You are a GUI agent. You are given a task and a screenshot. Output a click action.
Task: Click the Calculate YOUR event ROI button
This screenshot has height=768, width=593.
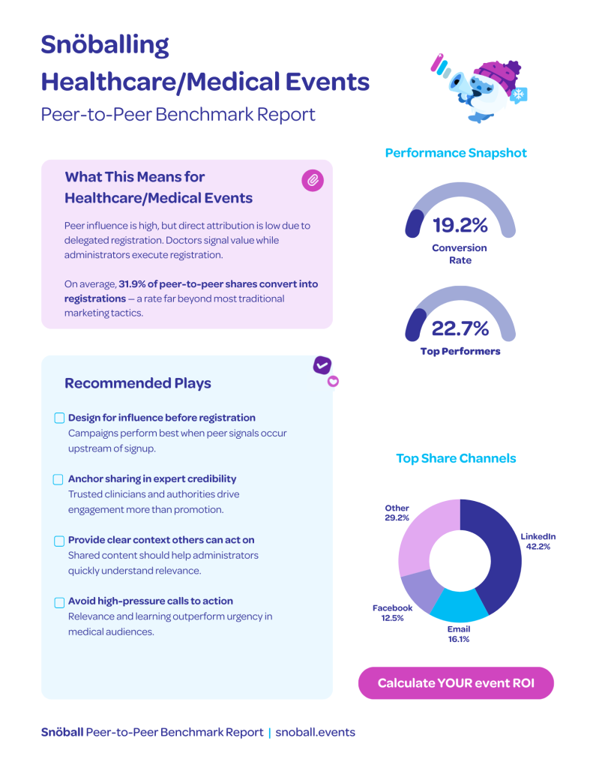pos(456,683)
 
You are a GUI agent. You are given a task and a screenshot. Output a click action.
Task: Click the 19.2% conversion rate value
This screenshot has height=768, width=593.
pos(460,225)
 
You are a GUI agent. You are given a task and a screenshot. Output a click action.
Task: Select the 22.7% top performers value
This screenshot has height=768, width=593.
pos(460,328)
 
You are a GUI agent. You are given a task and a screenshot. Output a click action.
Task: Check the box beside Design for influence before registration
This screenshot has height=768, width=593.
pos(59,418)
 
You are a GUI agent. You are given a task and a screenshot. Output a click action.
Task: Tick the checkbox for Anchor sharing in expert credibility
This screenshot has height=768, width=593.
pos(58,479)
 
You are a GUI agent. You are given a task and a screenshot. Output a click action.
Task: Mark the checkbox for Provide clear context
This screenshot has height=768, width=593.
pos(59,541)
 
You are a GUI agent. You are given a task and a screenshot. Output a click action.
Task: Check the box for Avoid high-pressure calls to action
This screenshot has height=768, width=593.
pos(59,602)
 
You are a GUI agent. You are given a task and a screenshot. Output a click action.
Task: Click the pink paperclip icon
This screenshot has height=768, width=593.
pos(312,180)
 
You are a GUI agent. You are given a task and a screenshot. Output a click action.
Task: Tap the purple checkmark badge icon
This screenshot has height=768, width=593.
pos(322,364)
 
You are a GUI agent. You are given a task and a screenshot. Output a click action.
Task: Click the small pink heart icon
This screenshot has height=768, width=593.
pos(334,381)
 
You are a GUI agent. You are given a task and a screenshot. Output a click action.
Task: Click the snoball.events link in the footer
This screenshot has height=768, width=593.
pos(315,732)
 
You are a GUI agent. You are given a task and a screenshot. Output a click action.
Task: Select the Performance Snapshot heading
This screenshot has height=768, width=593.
pos(456,153)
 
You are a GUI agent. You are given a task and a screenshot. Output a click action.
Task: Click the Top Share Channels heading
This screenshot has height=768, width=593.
pos(456,458)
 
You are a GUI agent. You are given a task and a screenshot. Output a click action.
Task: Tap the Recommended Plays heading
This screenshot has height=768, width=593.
pos(138,383)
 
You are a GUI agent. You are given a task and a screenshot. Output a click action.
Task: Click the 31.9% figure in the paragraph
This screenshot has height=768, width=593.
pos(133,284)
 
